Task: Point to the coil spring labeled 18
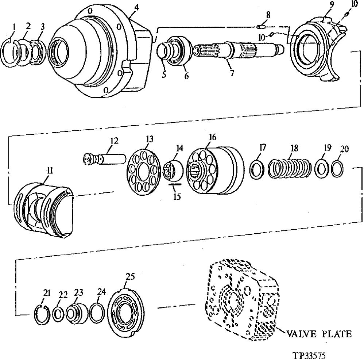click(x=290, y=169)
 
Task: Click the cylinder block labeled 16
click(x=215, y=170)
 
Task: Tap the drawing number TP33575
click(x=309, y=355)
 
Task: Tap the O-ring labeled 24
click(x=97, y=313)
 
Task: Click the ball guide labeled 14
click(x=174, y=170)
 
